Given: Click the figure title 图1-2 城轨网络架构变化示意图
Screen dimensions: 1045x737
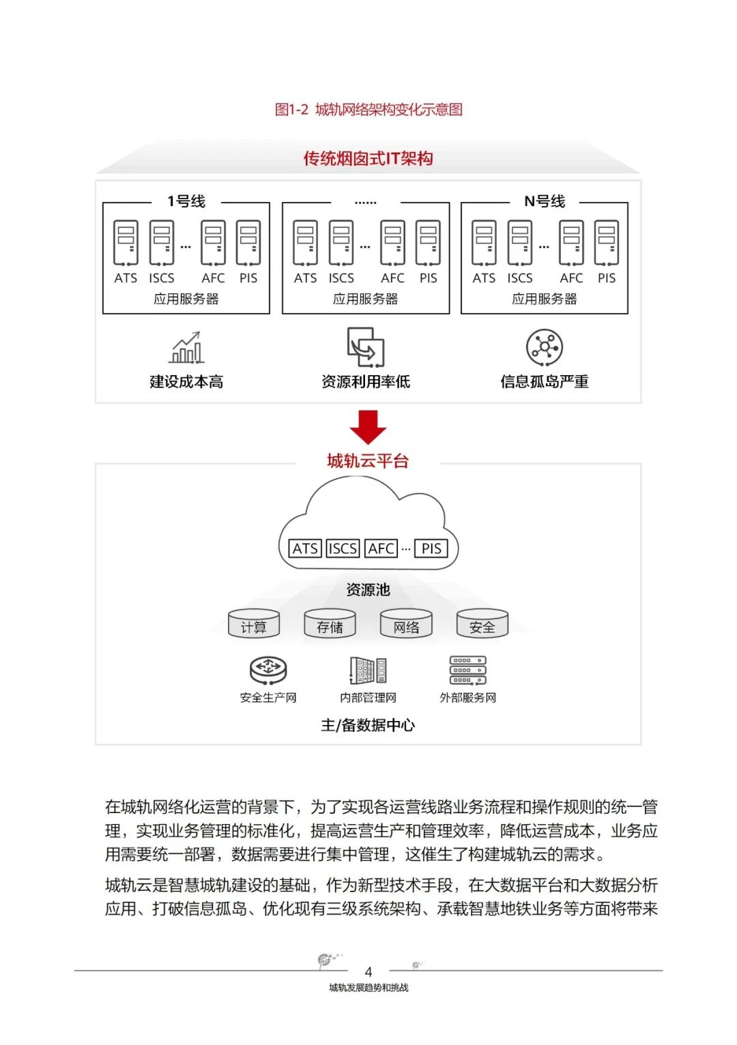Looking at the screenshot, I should point(369,110).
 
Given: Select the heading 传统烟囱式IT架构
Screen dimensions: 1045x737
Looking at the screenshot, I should point(369,159).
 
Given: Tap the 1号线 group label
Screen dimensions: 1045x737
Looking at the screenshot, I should point(186,201).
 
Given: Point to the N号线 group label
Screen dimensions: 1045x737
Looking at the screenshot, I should point(545,201).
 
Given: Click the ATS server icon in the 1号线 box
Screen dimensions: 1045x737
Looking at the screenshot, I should point(126,243).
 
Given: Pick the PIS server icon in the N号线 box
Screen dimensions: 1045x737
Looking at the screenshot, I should point(606,243).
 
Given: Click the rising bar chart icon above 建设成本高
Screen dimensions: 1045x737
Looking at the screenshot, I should point(186,348).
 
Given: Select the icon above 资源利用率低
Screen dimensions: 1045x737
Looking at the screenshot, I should point(365,347).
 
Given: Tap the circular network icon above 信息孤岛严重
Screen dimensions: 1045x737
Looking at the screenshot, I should point(545,347).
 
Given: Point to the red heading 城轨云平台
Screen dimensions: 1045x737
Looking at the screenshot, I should point(368,461).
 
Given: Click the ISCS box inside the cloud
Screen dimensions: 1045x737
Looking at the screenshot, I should point(343,548).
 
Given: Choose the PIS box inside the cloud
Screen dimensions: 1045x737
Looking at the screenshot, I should point(431,548).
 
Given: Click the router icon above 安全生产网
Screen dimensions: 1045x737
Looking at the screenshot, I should point(268,670).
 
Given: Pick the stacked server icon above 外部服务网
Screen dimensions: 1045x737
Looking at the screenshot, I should point(467,670).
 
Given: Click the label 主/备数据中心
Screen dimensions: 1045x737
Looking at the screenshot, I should point(368,725).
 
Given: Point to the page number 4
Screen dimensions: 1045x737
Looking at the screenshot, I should point(369,971).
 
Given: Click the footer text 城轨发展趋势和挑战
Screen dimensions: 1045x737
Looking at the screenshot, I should point(369,988).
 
